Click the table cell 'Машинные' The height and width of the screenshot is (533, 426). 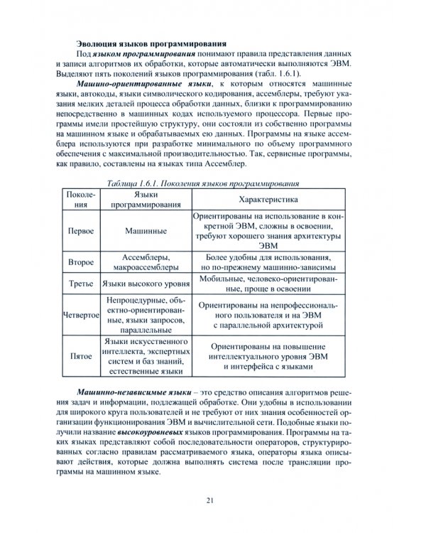point(146,232)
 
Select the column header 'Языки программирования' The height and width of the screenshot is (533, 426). point(146,200)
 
